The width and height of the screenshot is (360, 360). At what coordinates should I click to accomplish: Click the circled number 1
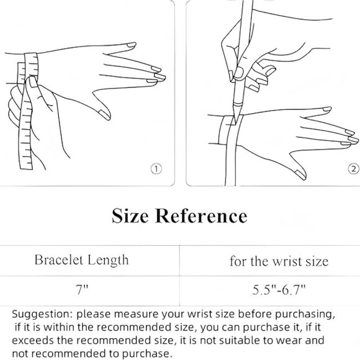[156, 169]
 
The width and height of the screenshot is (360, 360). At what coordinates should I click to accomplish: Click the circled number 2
[354, 169]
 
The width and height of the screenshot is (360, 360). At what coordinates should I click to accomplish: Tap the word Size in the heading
[130, 216]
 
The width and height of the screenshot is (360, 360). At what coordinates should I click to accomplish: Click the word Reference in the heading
[201, 216]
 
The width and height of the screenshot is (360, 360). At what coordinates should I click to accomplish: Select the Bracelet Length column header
[81, 260]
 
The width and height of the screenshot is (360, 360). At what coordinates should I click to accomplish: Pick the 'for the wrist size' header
[279, 261]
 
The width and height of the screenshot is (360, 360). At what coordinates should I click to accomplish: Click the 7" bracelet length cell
[82, 290]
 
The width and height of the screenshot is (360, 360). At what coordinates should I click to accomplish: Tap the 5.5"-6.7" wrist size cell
[279, 290]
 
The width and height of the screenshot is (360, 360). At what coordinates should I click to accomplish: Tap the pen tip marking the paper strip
[235, 120]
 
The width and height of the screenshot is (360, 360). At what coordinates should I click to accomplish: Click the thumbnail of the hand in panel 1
[105, 115]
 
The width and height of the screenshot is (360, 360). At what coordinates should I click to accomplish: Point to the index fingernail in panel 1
[132, 45]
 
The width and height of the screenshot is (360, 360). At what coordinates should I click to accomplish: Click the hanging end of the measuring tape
[25, 165]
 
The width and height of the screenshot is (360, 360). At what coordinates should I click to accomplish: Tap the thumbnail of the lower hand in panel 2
[300, 174]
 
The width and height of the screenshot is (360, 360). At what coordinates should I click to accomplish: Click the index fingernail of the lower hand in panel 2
[326, 109]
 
